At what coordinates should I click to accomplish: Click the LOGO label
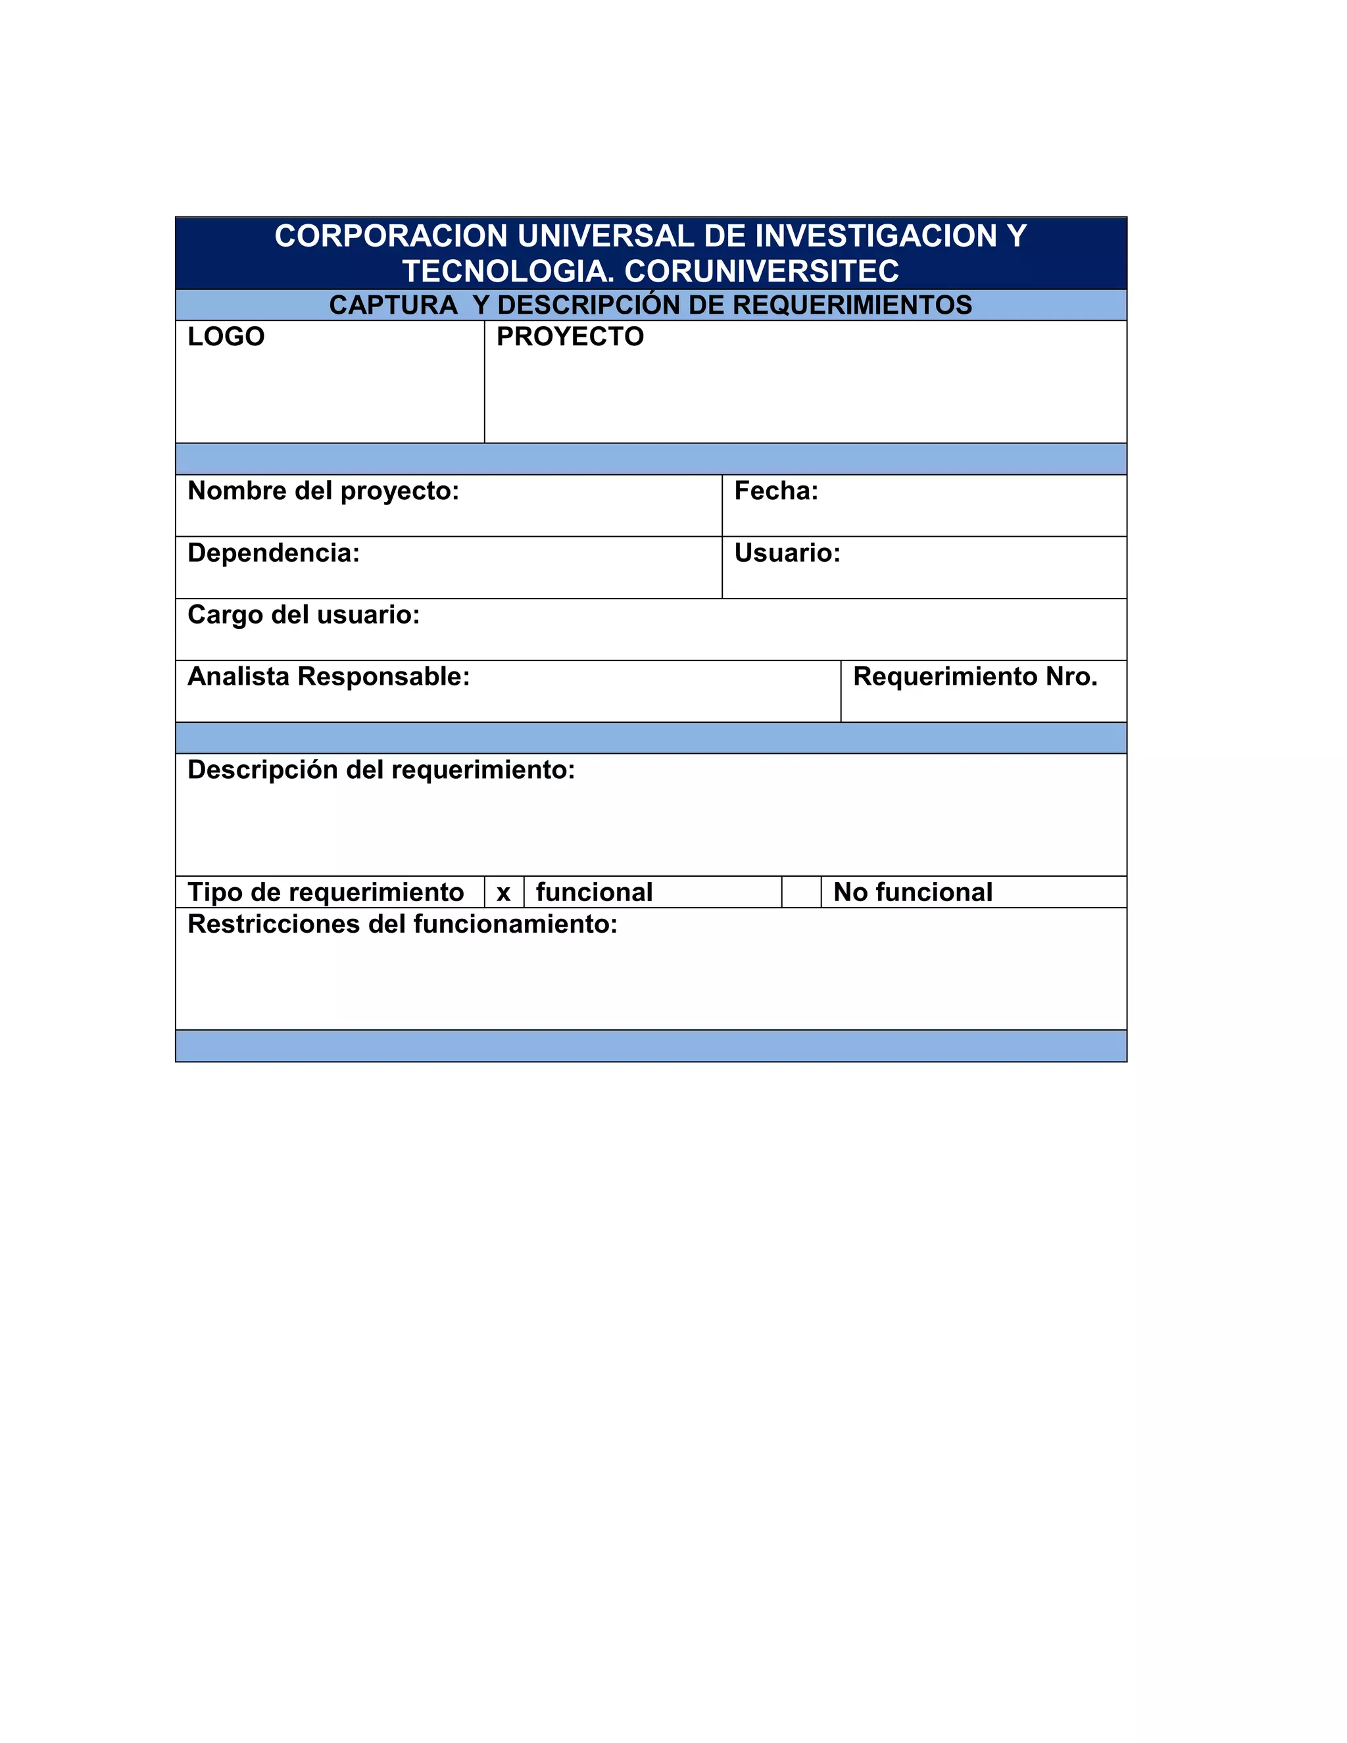pyautogui.click(x=226, y=337)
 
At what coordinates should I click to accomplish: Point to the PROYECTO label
pyautogui.click(x=570, y=337)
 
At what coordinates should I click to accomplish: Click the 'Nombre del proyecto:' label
pyautogui.click(x=323, y=491)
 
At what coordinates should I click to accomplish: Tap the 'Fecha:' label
pyautogui.click(x=775, y=491)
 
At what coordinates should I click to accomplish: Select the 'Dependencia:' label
pyautogui.click(x=274, y=552)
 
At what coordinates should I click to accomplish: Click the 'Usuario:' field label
pyautogui.click(x=787, y=552)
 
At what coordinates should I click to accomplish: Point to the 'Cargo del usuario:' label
pyautogui.click(x=303, y=614)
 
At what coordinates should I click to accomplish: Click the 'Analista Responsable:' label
pyautogui.click(x=329, y=677)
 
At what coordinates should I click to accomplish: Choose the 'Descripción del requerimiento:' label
pyautogui.click(x=381, y=770)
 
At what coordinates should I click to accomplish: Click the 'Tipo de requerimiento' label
pyautogui.click(x=326, y=893)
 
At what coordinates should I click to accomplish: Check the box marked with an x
pyautogui.click(x=504, y=893)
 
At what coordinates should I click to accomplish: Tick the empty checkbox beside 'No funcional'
pyautogui.click(x=801, y=893)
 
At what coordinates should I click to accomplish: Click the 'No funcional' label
pyautogui.click(x=913, y=893)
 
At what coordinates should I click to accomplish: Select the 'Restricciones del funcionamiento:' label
pyautogui.click(x=402, y=924)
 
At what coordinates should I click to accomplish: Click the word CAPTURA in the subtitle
pyautogui.click(x=393, y=305)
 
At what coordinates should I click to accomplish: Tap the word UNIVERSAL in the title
pyautogui.click(x=606, y=236)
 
